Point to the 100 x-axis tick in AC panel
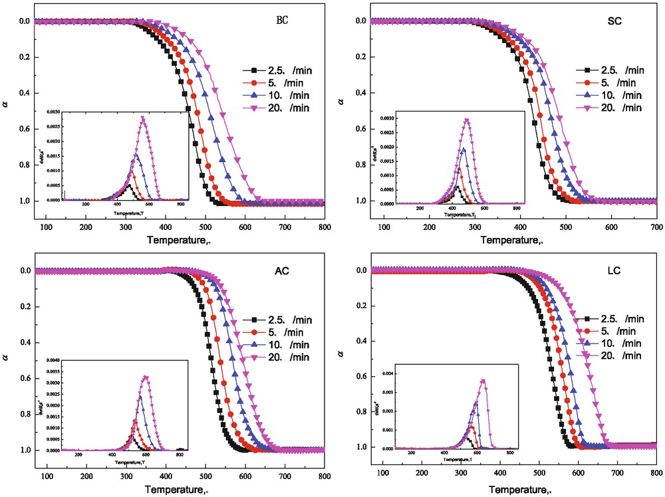pyautogui.click(x=47, y=477)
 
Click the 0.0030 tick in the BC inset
pyautogui.click(x=56, y=112)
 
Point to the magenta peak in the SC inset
pyautogui.click(x=467, y=120)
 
